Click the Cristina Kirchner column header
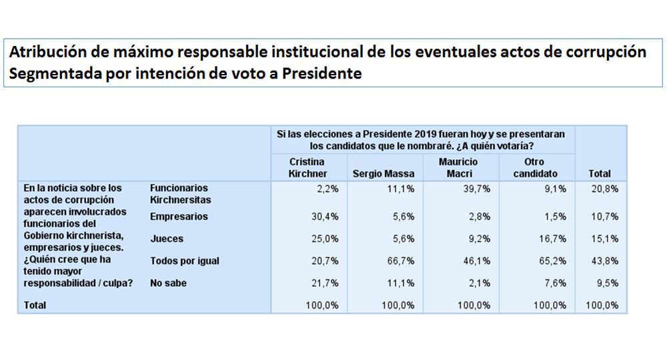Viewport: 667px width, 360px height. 307,167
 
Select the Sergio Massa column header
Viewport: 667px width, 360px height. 384,173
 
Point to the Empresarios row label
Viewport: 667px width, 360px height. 179,217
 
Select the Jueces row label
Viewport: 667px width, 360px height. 167,239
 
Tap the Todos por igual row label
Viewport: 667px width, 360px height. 185,261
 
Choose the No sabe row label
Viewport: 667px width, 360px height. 168,283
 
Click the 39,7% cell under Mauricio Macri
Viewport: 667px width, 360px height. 479,189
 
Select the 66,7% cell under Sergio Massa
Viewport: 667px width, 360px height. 402,261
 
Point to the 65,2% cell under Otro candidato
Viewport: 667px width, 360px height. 554,261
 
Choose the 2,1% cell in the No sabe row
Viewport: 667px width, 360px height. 481,283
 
